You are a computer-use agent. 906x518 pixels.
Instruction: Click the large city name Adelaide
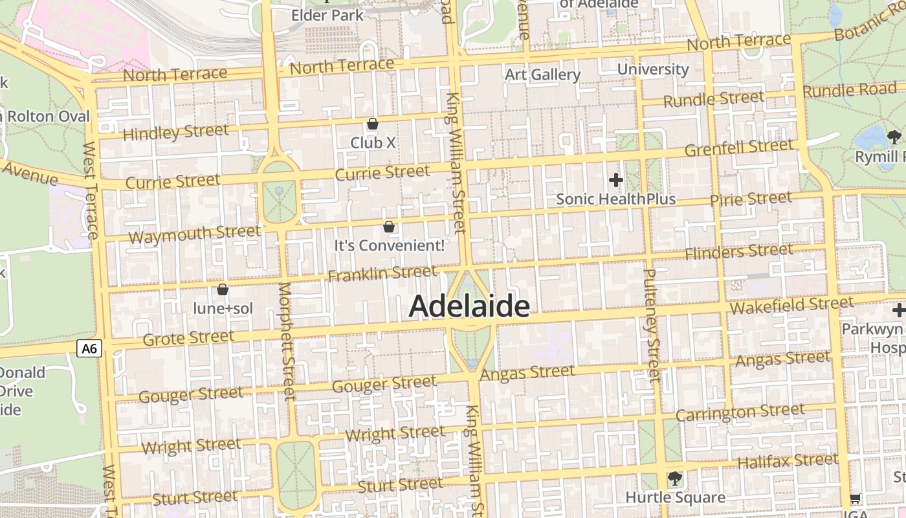point(469,306)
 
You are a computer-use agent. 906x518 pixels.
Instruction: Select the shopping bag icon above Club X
point(372,124)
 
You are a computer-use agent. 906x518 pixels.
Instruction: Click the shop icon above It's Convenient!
point(389,227)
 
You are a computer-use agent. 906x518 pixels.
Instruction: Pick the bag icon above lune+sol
point(223,289)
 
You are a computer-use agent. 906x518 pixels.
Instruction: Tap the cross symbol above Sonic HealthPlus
point(615,179)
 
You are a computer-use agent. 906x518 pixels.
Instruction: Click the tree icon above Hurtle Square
point(674,479)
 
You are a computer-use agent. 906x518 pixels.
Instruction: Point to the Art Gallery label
point(542,74)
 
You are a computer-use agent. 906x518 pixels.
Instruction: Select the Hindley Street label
point(175,133)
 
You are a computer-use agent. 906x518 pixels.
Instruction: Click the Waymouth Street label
point(194,234)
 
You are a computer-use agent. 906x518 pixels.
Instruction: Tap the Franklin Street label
point(382,274)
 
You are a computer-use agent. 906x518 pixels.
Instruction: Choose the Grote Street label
point(188,338)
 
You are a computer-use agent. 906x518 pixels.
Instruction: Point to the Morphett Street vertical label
point(286,341)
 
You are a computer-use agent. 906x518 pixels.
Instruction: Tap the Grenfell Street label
point(738,148)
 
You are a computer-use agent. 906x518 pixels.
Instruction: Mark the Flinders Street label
point(738,251)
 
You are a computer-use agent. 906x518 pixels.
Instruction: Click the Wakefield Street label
point(791,304)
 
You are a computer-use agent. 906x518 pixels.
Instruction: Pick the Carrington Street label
point(740,412)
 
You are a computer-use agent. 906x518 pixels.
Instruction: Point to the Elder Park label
point(327,14)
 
